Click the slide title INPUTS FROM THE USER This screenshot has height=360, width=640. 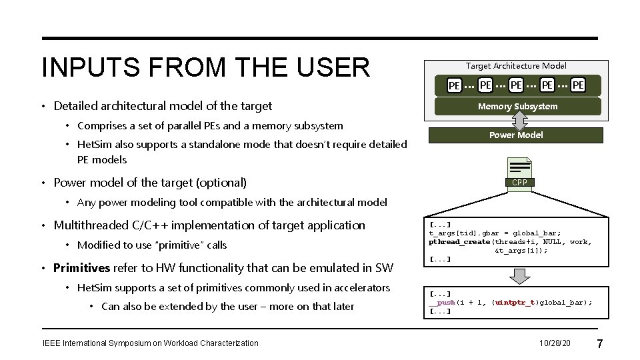tap(205, 67)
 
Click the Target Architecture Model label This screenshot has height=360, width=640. tap(516, 65)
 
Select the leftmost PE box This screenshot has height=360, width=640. tap(454, 85)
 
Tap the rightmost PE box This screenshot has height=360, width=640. tap(578, 85)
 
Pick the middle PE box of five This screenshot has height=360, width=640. tap(516, 85)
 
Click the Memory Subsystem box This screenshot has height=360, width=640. tap(517, 106)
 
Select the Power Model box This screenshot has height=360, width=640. tap(516, 135)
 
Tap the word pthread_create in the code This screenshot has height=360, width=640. tap(458, 242)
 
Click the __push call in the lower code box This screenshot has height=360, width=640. tap(441, 302)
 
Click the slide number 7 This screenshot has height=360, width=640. tap(599, 344)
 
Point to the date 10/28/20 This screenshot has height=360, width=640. tap(555, 343)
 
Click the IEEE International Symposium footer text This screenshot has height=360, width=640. tap(150, 343)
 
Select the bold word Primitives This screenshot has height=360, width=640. tap(81, 268)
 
